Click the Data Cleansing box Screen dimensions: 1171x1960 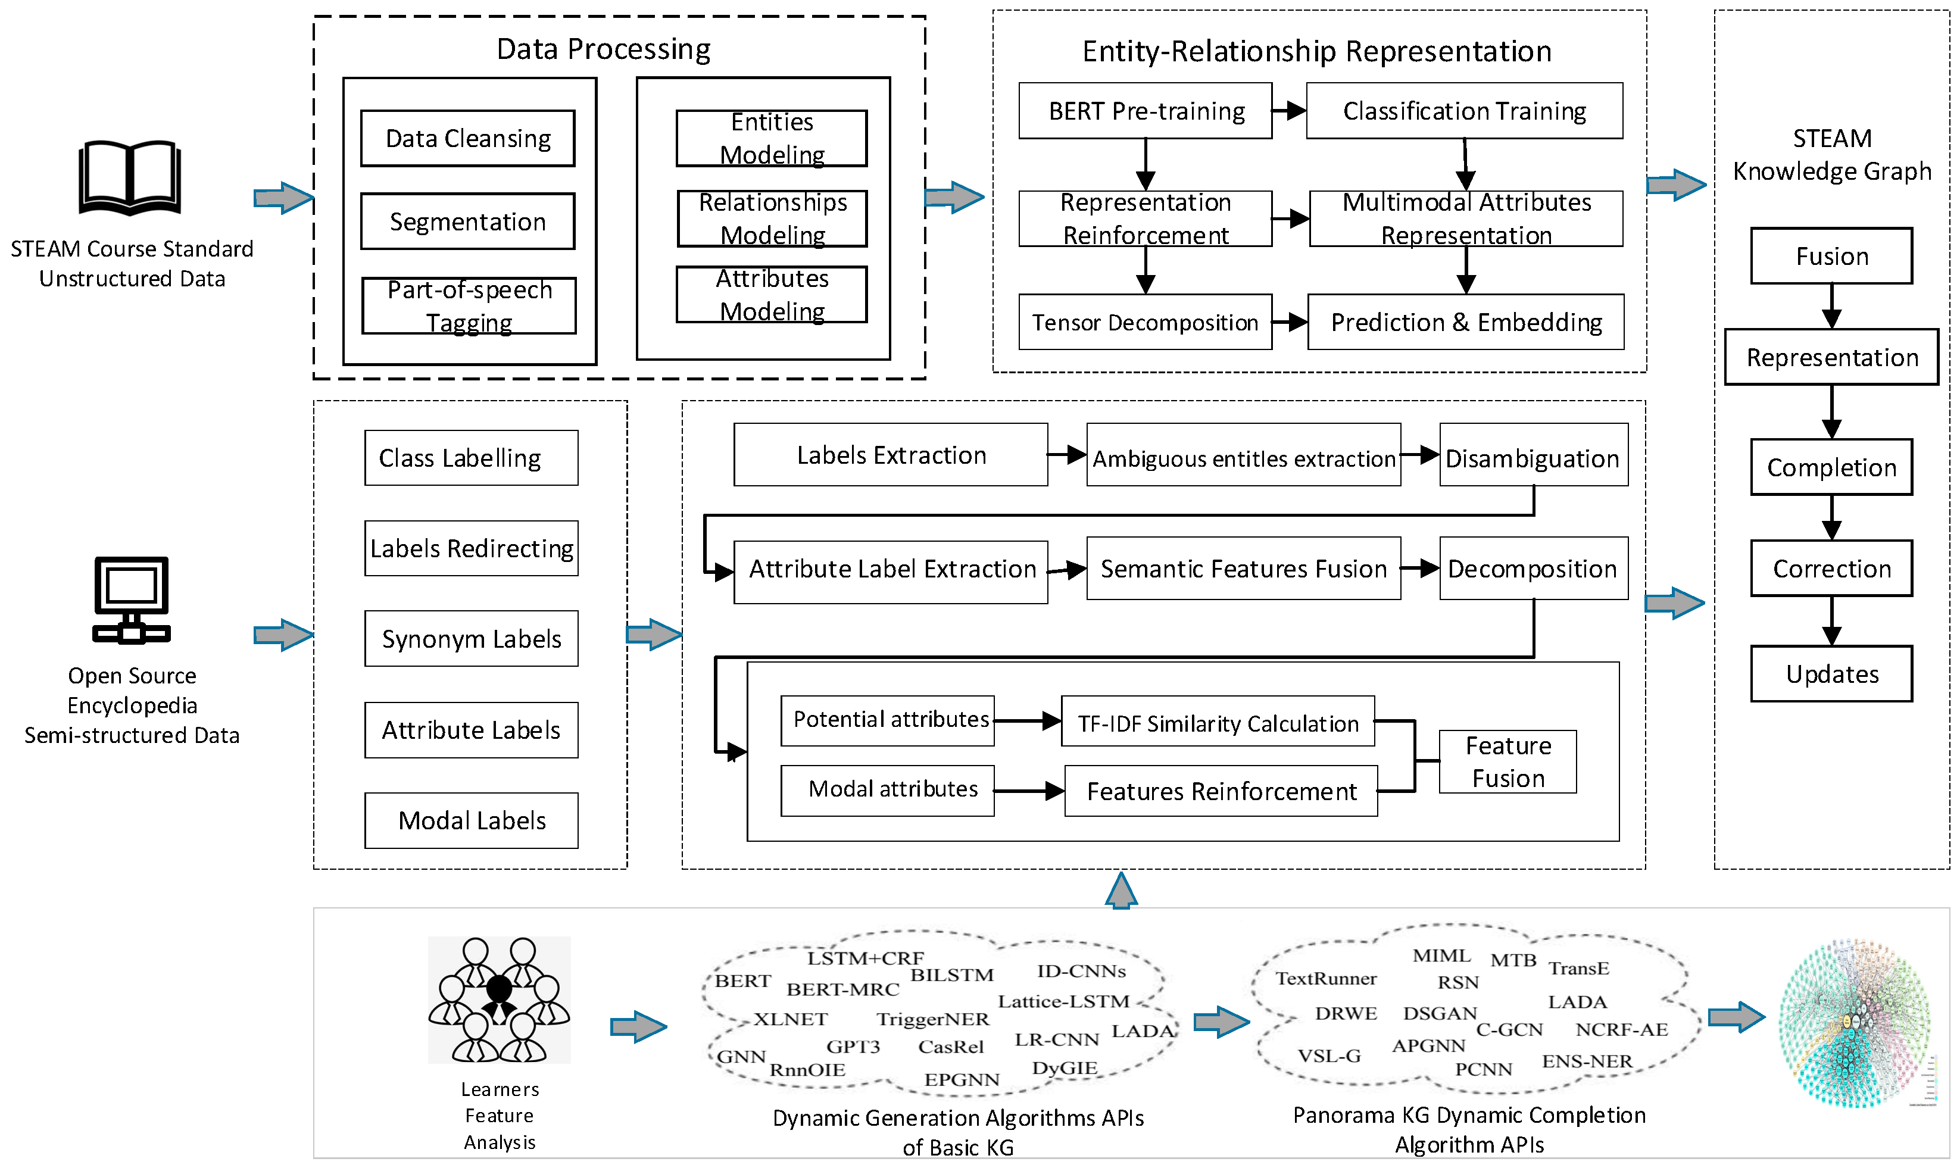pyautogui.click(x=467, y=139)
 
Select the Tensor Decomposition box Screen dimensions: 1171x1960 pyautogui.click(x=1144, y=322)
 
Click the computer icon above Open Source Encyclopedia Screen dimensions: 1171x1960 pyautogui.click(x=132, y=599)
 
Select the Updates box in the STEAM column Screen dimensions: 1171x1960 pyautogui.click(x=1831, y=674)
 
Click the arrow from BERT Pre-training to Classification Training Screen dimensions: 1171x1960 pyautogui.click(x=1288, y=111)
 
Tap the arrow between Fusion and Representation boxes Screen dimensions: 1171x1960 pyautogui.click(x=1831, y=306)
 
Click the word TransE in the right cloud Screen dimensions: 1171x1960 pyautogui.click(x=1578, y=968)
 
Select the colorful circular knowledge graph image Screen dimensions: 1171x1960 pyautogui.click(x=1854, y=1023)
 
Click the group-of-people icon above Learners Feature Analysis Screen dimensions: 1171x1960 pyautogui.click(x=499, y=1000)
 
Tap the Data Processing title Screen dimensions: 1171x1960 pyautogui.click(x=603, y=49)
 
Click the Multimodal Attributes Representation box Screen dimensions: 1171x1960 pyautogui.click(x=1465, y=218)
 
